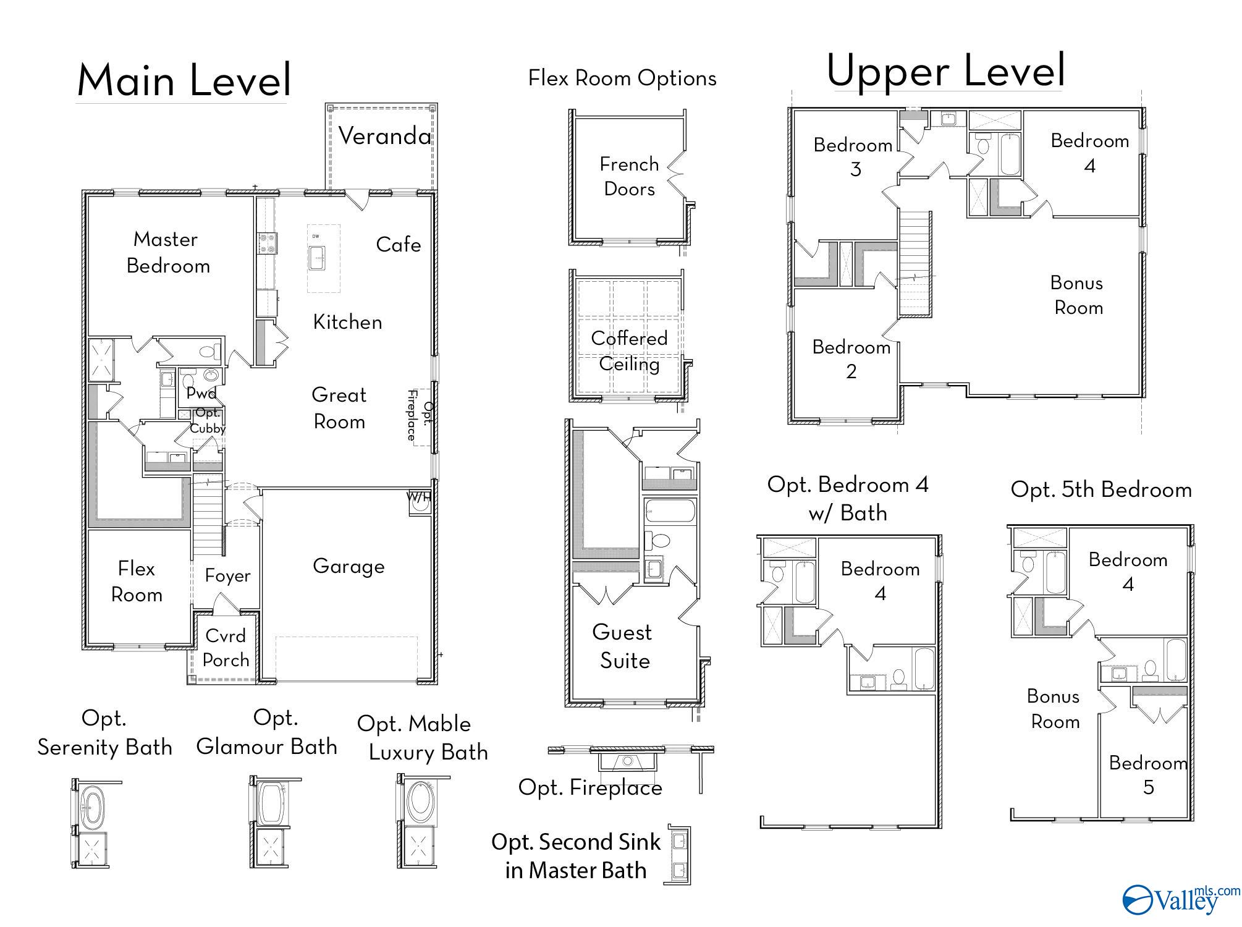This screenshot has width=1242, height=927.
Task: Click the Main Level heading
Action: pos(184,80)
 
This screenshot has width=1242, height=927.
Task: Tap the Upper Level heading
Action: pos(945,70)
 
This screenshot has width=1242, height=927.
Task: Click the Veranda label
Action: pos(384,136)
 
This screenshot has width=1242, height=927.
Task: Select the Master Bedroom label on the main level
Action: pos(167,252)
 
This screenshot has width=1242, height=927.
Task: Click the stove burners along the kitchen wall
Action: pos(267,243)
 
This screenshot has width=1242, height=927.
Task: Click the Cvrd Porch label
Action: pos(226,648)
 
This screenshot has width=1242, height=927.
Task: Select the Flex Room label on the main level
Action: pos(137,582)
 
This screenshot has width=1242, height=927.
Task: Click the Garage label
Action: pos(349,566)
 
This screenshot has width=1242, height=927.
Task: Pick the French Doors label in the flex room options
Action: pos(629,177)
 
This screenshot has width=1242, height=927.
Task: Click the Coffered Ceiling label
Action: pos(629,351)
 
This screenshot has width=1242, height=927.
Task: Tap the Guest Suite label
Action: pos(623,646)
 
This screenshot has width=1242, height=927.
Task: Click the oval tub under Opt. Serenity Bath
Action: pos(93,806)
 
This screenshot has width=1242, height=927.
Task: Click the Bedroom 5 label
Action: pos(1148,775)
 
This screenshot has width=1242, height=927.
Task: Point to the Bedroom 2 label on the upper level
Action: pos(851,359)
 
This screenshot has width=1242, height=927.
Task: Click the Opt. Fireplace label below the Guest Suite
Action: pos(590,787)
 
